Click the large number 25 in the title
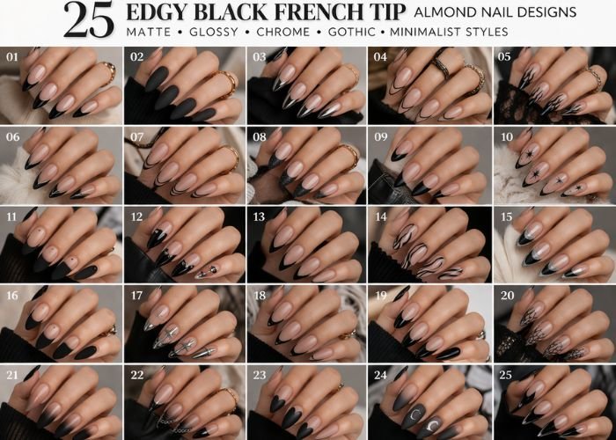tap(88, 20)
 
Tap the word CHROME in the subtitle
tap(282, 32)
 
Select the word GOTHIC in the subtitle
tap(352, 32)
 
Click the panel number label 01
tap(12, 57)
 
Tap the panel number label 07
tap(137, 137)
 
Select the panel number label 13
tap(260, 216)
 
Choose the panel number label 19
tap(381, 296)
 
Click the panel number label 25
tap(506, 375)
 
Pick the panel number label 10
tap(507, 136)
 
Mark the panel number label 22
tap(137, 375)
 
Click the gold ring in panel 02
tap(228, 84)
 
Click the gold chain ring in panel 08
tap(349, 156)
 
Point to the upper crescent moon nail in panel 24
tap(414, 414)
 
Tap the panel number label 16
tap(12, 296)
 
